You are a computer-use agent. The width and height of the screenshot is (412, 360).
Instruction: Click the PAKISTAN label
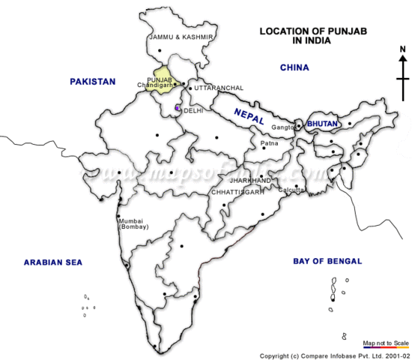[93, 81]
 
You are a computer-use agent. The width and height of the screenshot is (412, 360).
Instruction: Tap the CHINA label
[294, 67]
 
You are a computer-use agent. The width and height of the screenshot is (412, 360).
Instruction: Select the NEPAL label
[249, 116]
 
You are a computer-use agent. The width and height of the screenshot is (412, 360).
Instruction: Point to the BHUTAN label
[324, 123]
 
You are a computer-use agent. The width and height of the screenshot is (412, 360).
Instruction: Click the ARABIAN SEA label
[53, 262]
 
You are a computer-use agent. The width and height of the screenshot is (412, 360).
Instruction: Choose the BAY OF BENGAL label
[327, 261]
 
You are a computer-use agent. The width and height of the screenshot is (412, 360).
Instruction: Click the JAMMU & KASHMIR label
[182, 37]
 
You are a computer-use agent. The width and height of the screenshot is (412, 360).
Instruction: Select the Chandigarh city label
[155, 85]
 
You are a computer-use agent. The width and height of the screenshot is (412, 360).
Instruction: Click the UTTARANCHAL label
[219, 88]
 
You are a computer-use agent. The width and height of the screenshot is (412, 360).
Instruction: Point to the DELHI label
[193, 110]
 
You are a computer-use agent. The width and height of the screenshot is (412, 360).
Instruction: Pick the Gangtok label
[282, 127]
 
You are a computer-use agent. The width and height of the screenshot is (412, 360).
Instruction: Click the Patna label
[269, 142]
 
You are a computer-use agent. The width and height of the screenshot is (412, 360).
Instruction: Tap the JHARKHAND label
[250, 181]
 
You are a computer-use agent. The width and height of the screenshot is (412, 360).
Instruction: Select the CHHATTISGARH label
[238, 192]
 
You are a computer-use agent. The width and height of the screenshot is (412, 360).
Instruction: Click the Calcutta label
[291, 190]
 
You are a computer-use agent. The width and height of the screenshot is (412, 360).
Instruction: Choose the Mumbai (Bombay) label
[135, 224]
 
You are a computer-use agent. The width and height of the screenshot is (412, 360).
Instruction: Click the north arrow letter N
[402, 50]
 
